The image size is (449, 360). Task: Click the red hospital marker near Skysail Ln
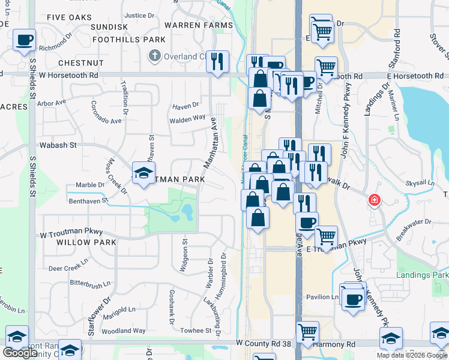pyautogui.click(x=375, y=200)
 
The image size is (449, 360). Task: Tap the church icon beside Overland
pyautogui.click(x=154, y=56)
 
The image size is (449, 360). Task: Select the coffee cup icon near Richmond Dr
pyautogui.click(x=24, y=41)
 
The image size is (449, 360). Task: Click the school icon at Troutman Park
pyautogui.click(x=143, y=173)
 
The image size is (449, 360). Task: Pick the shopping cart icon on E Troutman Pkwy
pyautogui.click(x=326, y=236)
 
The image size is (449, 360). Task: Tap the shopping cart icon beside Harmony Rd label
pyautogui.click(x=307, y=331)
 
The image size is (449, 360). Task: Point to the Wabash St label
pyautogui.click(x=58, y=145)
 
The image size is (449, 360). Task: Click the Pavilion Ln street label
pyautogui.click(x=322, y=297)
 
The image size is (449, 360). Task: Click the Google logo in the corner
pyautogui.click(x=20, y=353)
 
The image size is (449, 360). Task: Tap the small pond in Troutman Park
pyautogui.click(x=187, y=211)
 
